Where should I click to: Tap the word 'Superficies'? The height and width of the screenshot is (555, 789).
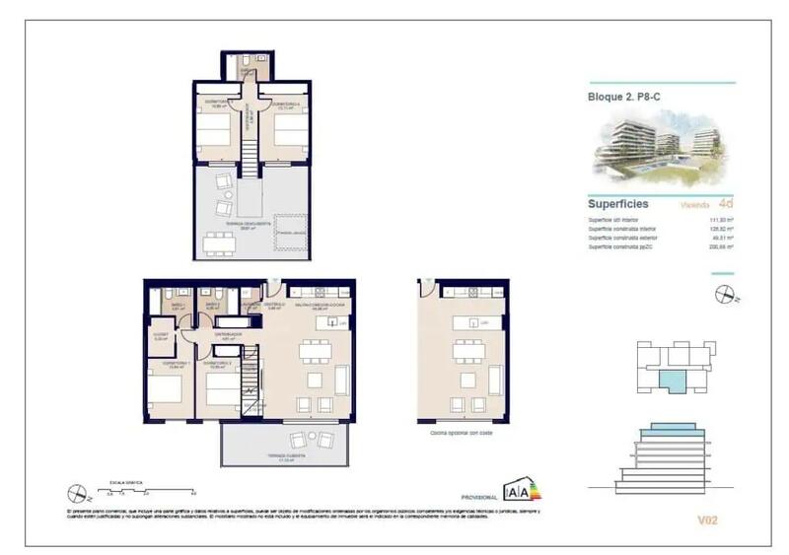pyautogui.click(x=618, y=204)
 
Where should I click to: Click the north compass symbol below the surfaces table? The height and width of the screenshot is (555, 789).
pyautogui.click(x=726, y=293)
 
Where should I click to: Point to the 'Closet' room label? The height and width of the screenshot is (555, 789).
pyautogui.click(x=160, y=336)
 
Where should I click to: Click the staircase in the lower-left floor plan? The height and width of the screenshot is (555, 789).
pyautogui.click(x=254, y=380)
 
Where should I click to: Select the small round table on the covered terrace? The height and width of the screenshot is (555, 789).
pyautogui.click(x=297, y=441)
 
